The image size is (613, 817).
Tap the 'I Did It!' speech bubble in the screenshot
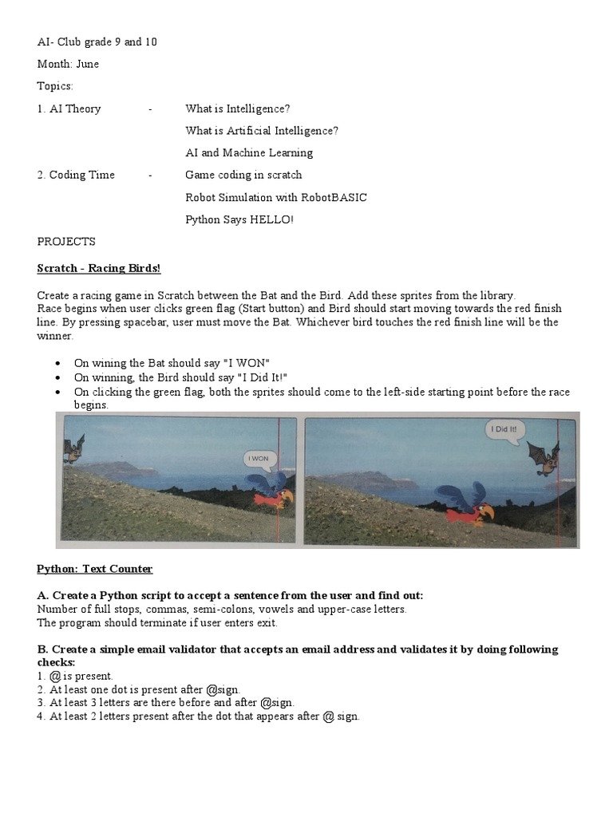pos(504,430)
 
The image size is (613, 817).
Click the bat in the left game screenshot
pos(73,448)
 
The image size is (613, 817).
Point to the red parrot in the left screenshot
pos(270,492)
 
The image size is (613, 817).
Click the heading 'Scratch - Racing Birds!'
pos(99,268)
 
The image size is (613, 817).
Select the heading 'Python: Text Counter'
pos(94,569)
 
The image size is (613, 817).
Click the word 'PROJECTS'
pos(66,241)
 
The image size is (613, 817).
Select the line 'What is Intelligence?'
pos(238,109)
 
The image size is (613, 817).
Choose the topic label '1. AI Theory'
pos(69,109)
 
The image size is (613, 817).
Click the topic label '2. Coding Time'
pos(76,175)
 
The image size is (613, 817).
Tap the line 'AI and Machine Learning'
pos(249,152)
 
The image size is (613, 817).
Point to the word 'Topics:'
pos(55,85)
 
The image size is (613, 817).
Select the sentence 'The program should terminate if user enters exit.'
pos(157,622)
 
